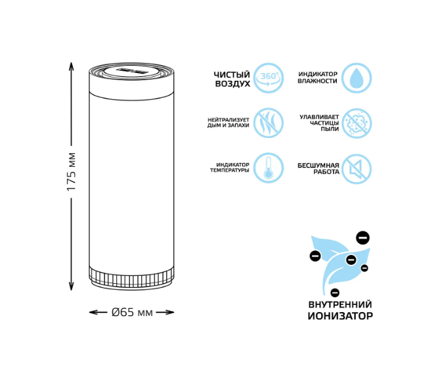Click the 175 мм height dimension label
(x=72, y=172)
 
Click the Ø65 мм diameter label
(x=132, y=312)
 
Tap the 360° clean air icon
(x=268, y=78)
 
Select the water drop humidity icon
(x=357, y=78)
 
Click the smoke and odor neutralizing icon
(x=268, y=123)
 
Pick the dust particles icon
(x=357, y=123)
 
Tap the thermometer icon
(x=268, y=168)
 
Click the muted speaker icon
(x=357, y=168)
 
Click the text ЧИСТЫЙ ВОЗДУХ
(x=232, y=79)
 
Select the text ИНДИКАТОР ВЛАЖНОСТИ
(x=317, y=78)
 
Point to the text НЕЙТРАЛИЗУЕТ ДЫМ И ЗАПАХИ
(x=228, y=122)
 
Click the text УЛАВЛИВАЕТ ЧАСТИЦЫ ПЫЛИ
(x=319, y=123)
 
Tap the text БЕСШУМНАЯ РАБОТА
(x=318, y=168)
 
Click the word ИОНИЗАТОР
(x=340, y=316)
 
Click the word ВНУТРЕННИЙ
(x=340, y=304)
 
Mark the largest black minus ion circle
(x=362, y=237)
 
